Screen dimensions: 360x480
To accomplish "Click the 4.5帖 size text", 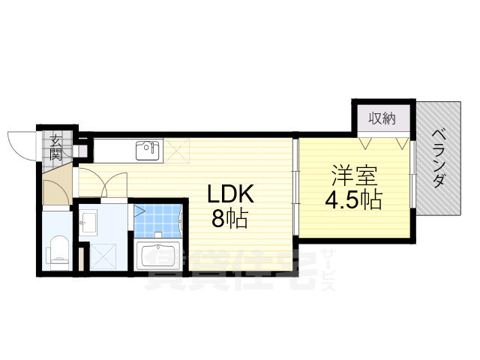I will coord(353,200).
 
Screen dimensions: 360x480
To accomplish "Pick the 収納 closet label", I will coord(381,118).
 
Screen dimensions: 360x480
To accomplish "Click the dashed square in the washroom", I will coord(103,255).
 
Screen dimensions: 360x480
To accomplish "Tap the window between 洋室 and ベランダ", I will coord(413,178).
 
